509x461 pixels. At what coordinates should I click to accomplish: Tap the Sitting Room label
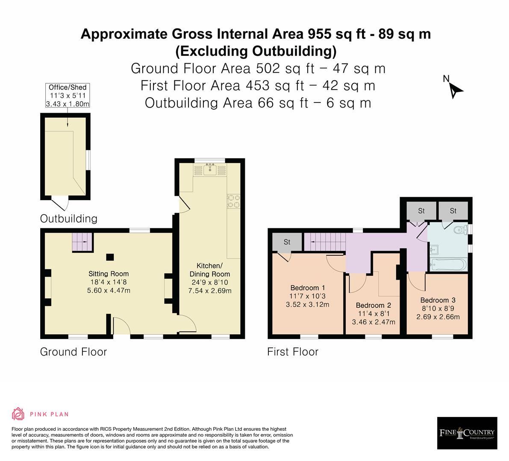click(x=109, y=274)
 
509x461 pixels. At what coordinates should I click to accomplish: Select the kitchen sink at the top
click(x=210, y=169)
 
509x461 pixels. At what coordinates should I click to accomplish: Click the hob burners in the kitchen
click(x=233, y=201)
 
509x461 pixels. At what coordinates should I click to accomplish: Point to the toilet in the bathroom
click(x=460, y=230)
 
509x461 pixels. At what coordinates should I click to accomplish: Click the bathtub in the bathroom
click(x=448, y=265)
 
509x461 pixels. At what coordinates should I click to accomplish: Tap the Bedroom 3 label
click(x=438, y=300)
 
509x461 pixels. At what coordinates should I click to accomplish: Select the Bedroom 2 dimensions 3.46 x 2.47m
click(x=374, y=322)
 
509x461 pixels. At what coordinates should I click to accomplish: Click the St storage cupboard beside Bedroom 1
click(x=287, y=242)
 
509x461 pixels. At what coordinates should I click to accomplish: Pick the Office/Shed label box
click(x=68, y=95)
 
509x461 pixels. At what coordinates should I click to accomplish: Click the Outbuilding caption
click(x=68, y=219)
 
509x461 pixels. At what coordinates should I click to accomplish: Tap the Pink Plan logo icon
click(x=18, y=414)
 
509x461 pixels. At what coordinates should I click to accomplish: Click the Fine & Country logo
click(x=467, y=433)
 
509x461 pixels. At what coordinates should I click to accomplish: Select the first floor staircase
click(x=324, y=242)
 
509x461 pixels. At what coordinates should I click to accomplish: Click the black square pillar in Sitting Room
click(x=110, y=257)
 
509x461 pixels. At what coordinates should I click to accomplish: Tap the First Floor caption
click(x=292, y=352)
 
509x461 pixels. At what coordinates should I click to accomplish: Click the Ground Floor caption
click(x=74, y=352)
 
